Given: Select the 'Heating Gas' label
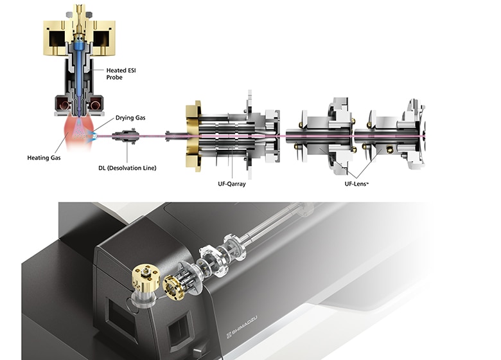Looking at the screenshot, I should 44,157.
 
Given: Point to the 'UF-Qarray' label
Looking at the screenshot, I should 231,184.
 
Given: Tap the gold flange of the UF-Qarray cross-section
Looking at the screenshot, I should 191,136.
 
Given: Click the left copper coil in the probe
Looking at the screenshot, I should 62,103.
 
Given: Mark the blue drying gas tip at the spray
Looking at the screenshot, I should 94,135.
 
